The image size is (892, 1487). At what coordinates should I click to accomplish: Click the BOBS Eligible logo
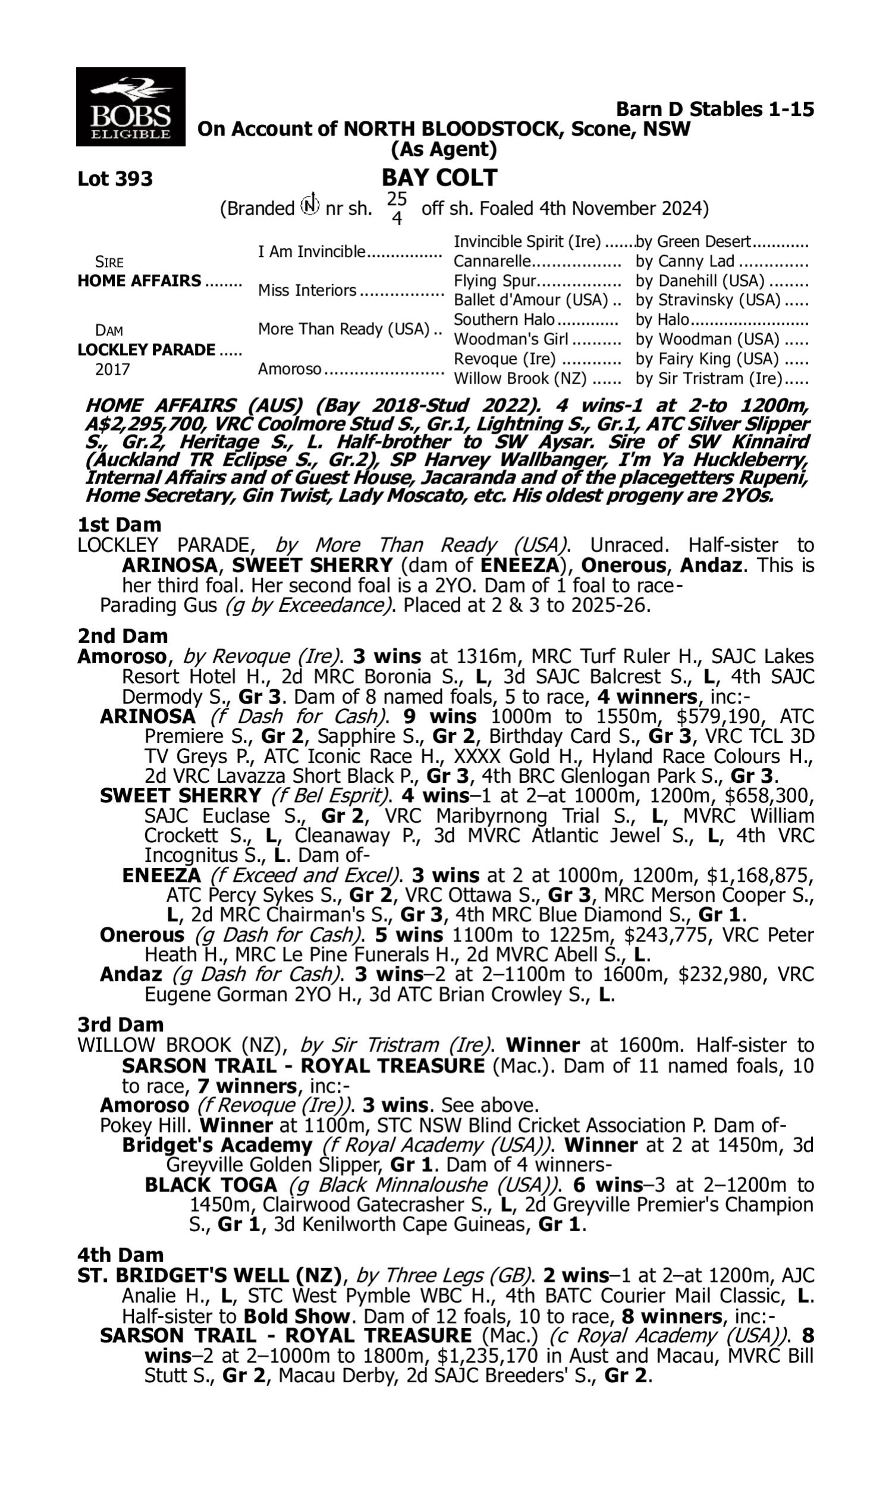(x=130, y=107)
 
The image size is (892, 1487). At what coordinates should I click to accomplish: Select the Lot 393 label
(x=115, y=179)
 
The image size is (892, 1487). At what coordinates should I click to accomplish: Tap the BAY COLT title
(x=439, y=178)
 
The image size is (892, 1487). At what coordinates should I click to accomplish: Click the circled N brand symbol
(x=310, y=206)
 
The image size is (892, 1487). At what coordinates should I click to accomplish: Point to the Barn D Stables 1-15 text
(x=715, y=109)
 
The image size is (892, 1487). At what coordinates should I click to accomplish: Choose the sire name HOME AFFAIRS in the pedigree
(x=140, y=281)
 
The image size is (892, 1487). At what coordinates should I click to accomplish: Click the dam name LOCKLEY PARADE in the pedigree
(x=146, y=350)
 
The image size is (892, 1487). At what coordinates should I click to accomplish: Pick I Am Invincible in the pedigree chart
(x=312, y=251)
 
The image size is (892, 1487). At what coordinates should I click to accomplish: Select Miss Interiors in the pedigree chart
(x=307, y=290)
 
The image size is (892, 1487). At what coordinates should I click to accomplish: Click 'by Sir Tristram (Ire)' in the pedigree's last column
(x=709, y=379)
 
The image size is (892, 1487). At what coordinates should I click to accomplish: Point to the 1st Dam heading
(x=119, y=525)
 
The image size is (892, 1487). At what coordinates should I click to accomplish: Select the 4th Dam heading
(x=120, y=1255)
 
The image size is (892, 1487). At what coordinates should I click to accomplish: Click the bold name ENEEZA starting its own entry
(x=161, y=875)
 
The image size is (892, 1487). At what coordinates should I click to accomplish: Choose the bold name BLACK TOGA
(x=211, y=1185)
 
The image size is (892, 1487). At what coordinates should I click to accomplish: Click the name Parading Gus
(x=158, y=605)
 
